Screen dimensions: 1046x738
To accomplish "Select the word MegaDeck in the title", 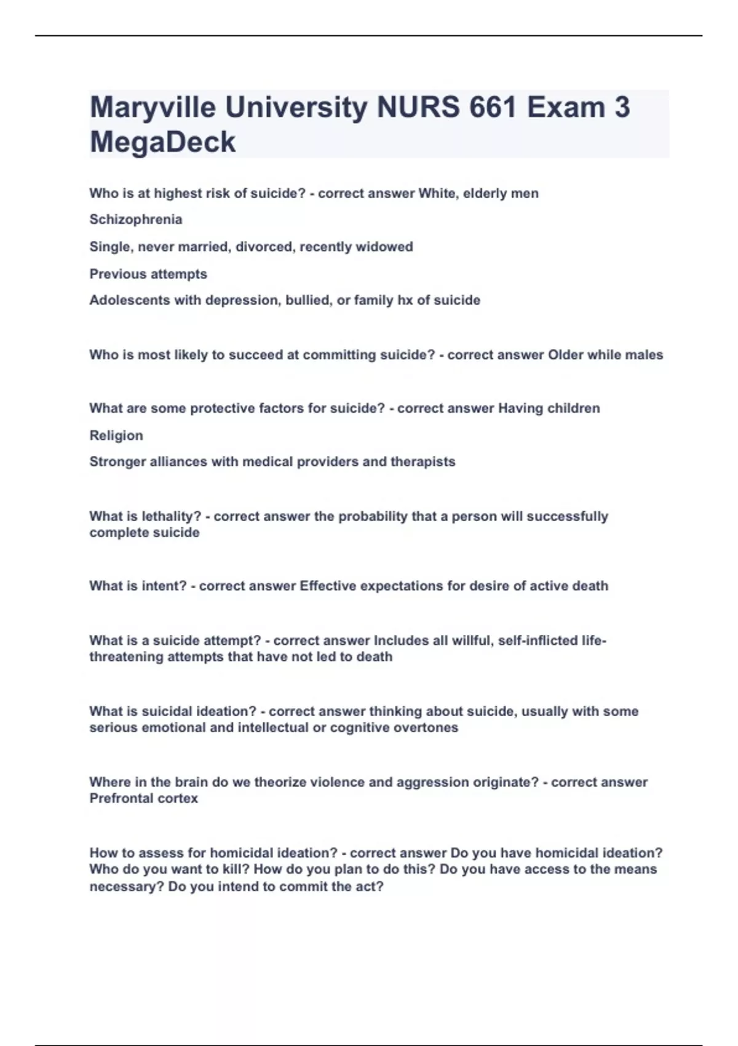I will tap(162, 142).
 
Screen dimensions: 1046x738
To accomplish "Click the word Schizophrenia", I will tap(136, 220).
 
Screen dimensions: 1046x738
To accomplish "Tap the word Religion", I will tap(116, 436).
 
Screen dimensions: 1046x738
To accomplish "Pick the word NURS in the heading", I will tap(418, 108).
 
